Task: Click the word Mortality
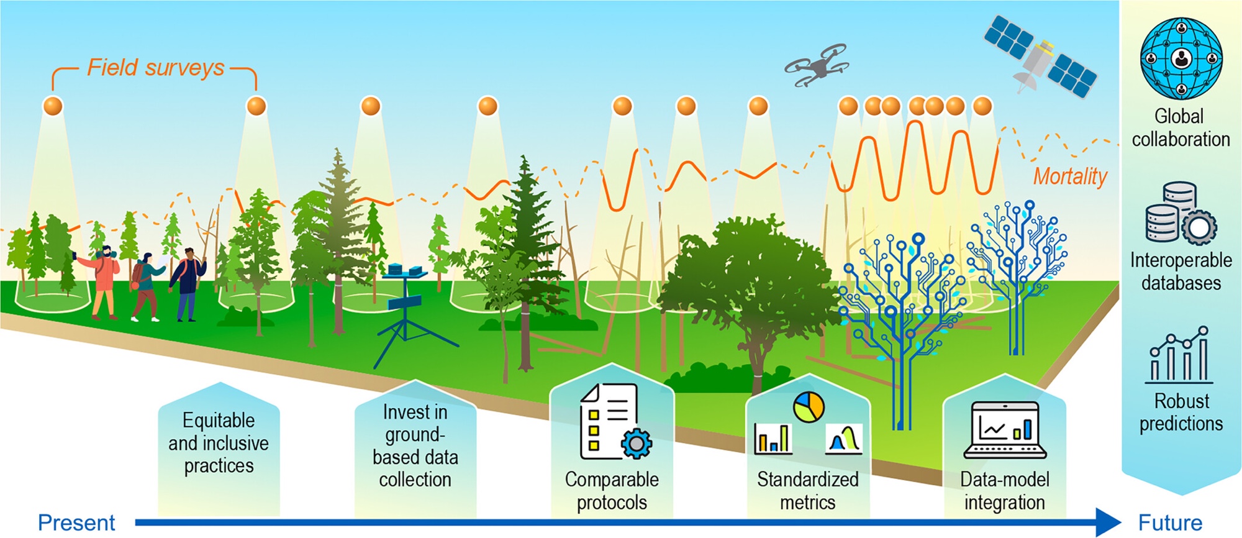pos(1070,176)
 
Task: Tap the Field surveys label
pos(155,68)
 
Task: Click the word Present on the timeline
pos(76,522)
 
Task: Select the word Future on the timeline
pos(1170,522)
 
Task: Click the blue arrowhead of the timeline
pos(1108,522)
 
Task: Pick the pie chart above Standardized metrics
pos(809,408)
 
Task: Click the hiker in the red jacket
pos(104,280)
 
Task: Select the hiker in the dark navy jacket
pos(187,283)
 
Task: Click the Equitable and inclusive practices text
pos(219,443)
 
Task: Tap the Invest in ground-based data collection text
pos(415,445)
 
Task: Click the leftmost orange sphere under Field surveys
pos(53,106)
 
